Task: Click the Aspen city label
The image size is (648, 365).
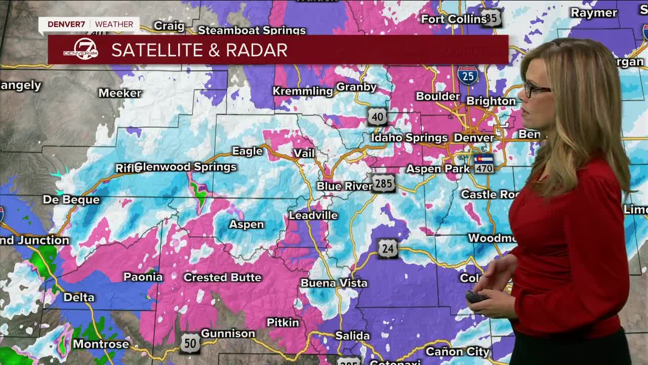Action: coord(247,224)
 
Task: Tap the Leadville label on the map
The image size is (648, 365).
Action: coord(313,215)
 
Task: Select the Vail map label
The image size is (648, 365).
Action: coord(304,153)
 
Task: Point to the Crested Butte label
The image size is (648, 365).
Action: coord(222,277)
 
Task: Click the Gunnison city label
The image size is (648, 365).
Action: coord(228,333)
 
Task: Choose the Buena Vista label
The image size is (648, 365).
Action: coord(334,283)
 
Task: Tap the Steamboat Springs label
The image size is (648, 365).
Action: coord(252,30)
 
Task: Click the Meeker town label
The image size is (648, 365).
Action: coord(120,93)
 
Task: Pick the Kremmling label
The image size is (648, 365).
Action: coord(303,91)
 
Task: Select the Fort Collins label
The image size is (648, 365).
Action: coord(454,19)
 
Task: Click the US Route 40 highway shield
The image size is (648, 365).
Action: coord(377,117)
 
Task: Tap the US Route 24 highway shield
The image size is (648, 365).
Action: coord(387,248)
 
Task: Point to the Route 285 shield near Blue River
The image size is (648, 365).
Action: coord(383,184)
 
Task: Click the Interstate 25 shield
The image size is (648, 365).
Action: coord(468,76)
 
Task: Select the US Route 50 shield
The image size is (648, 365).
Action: coord(190,343)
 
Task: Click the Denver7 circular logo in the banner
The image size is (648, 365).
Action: coord(81,49)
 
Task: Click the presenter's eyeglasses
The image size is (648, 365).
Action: coord(535,89)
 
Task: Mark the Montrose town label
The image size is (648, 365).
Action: coord(101,344)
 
